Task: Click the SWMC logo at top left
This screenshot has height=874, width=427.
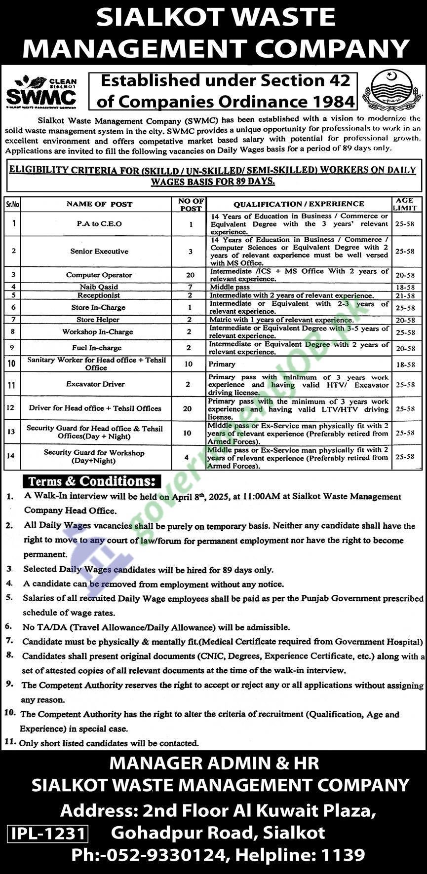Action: (x=41, y=92)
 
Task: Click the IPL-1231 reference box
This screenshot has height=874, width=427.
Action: (x=48, y=834)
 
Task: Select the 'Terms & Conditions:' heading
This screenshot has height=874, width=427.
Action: (x=92, y=481)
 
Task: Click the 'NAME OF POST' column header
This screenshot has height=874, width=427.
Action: (x=99, y=204)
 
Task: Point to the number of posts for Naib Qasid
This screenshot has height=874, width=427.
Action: (x=191, y=287)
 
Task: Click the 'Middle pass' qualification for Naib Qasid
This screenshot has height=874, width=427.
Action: (x=230, y=287)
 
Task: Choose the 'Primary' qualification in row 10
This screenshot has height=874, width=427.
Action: (x=222, y=364)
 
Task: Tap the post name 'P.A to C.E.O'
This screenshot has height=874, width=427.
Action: (x=99, y=223)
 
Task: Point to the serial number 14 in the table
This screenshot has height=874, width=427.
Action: (x=11, y=456)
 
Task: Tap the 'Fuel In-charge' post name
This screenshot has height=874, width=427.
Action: (x=96, y=348)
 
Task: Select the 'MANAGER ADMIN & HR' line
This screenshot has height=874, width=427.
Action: (x=214, y=763)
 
